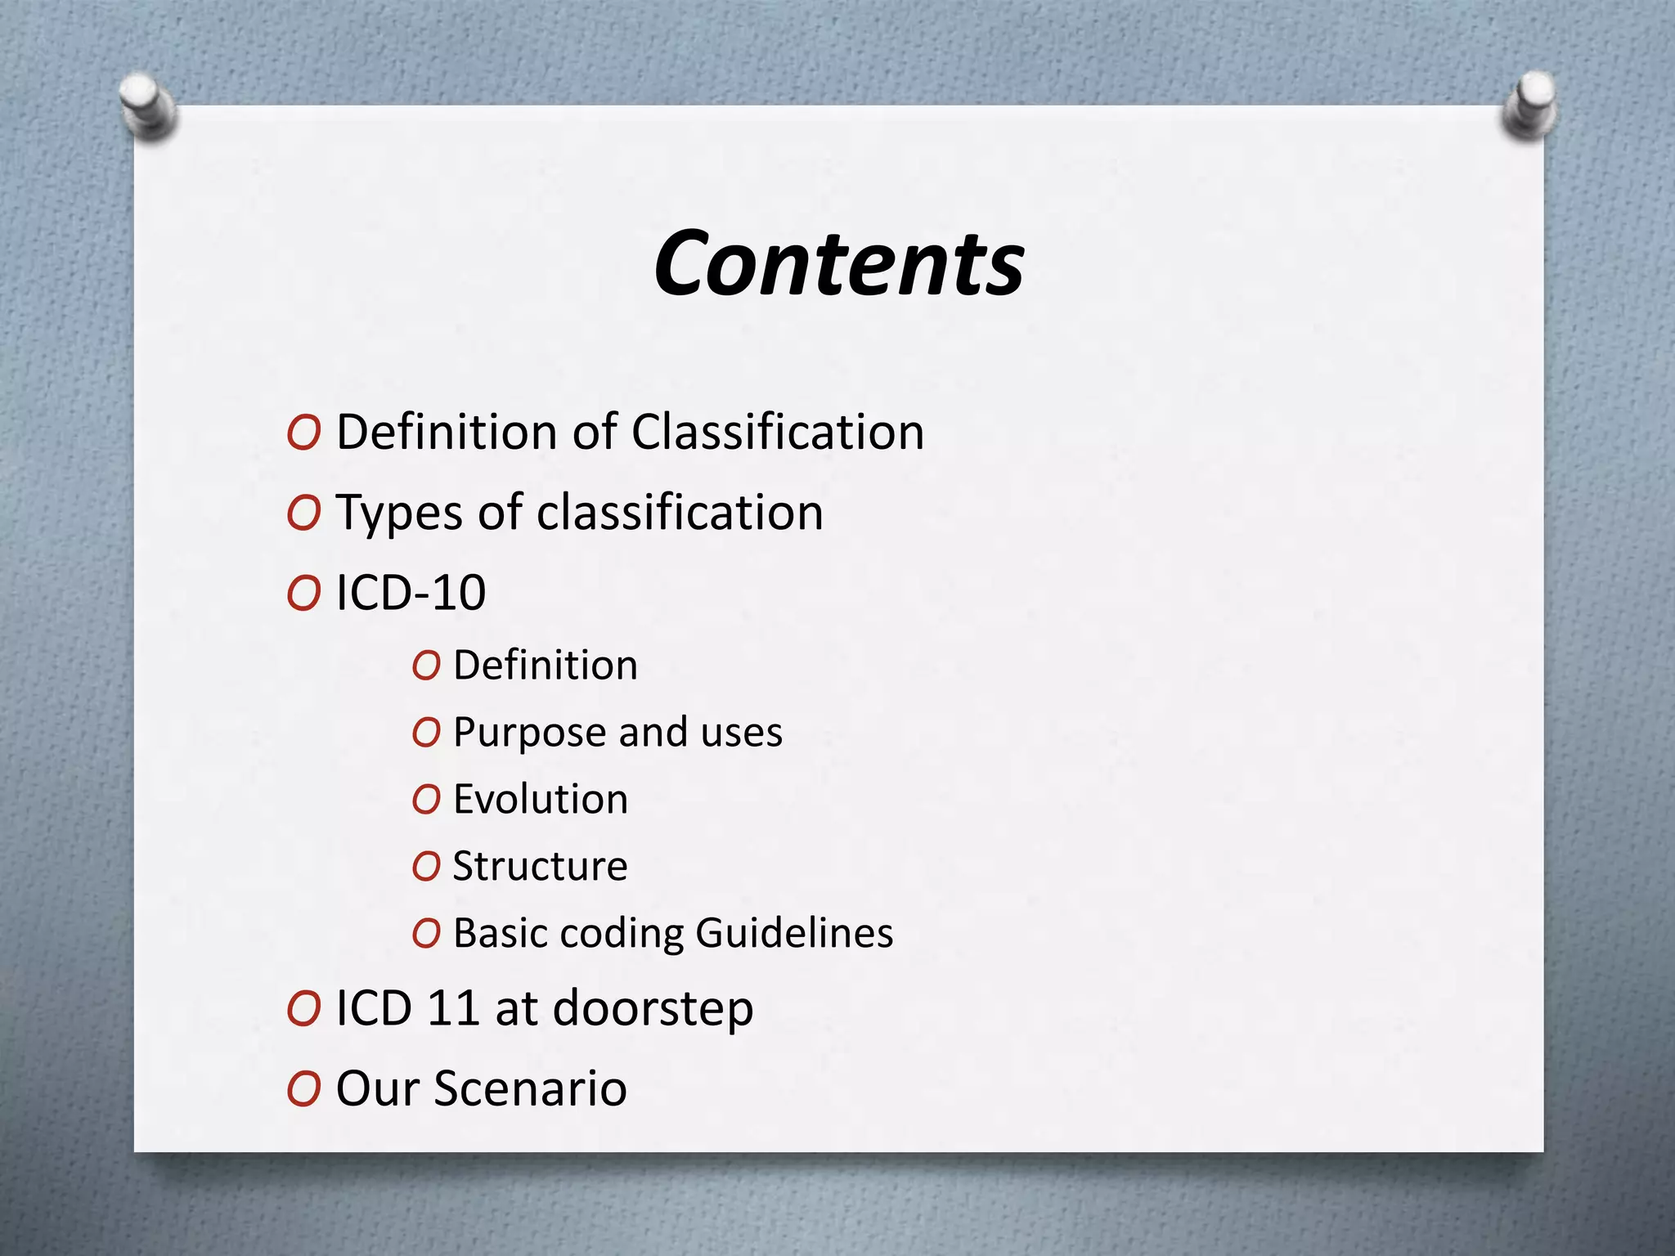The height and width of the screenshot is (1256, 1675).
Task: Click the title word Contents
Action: click(838, 264)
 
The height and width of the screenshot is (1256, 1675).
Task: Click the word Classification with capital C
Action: click(777, 432)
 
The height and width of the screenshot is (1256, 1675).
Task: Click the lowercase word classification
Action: click(680, 513)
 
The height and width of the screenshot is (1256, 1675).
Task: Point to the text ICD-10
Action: click(411, 593)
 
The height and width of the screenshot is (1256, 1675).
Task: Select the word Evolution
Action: click(541, 800)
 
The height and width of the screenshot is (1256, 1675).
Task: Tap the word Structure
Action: click(540, 867)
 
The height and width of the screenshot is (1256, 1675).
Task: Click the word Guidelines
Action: click(794, 934)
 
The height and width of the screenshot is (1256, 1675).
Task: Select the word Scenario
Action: click(530, 1089)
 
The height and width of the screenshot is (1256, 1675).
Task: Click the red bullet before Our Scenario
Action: click(303, 1090)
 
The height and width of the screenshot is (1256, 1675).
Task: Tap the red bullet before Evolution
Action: click(426, 801)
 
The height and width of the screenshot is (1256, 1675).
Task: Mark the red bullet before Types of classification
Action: click(303, 514)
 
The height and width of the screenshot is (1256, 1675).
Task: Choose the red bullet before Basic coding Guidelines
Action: click(426, 934)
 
